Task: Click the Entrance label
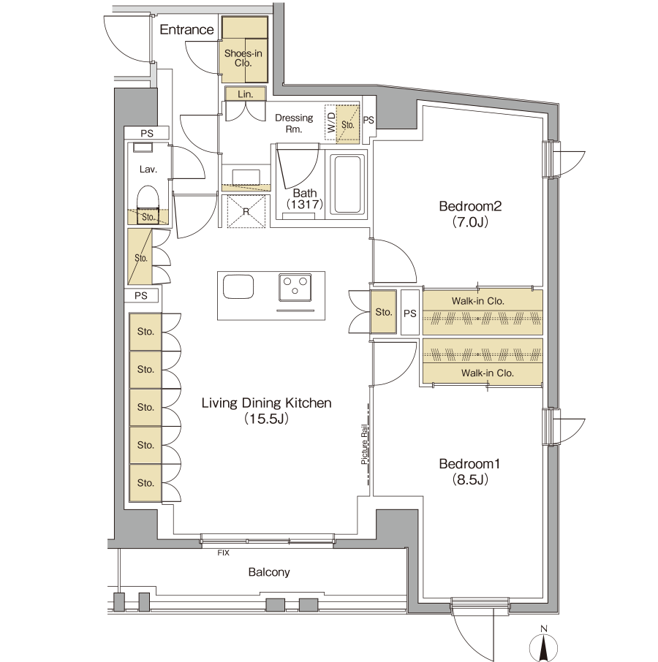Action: pos(186,29)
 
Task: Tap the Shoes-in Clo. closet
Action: pos(245,50)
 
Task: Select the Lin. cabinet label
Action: pos(246,94)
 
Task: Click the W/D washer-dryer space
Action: pos(330,123)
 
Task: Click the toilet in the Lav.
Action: pos(148,202)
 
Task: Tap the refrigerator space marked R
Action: pos(246,211)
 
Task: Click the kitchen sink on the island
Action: pos(238,287)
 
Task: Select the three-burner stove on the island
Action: pos(295,287)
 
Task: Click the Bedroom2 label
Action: pos(470,206)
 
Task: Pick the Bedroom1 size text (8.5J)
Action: pos(470,479)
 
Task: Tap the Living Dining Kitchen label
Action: pos(267,403)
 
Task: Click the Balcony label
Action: pos(269,572)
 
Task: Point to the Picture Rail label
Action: pos(365,444)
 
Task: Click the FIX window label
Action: pos(224,552)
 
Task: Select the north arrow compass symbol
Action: pos(543,646)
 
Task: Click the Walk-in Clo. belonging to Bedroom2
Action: pos(483,312)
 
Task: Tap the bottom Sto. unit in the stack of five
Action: pos(145,483)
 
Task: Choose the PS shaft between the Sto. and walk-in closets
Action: pos(409,313)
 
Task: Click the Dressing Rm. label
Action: pos(294,123)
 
